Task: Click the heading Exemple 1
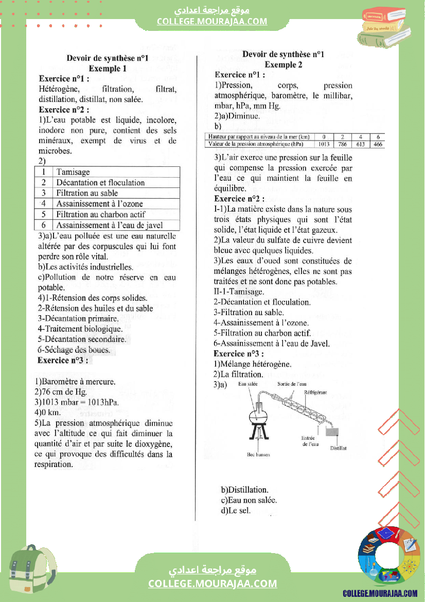point(107,68)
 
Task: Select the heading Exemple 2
point(284,65)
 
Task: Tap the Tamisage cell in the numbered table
point(73,172)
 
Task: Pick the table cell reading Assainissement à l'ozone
point(99,204)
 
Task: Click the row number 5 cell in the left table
point(44,214)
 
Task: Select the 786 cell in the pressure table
point(343,144)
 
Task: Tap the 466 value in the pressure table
point(378,144)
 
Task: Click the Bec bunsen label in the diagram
point(258,455)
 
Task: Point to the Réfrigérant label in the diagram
point(315,392)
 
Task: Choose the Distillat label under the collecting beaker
point(338,448)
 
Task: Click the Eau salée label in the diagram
point(248,384)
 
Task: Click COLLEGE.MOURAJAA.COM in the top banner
point(212,21)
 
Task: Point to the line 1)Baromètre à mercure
point(75,382)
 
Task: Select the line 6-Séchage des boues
point(74,350)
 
